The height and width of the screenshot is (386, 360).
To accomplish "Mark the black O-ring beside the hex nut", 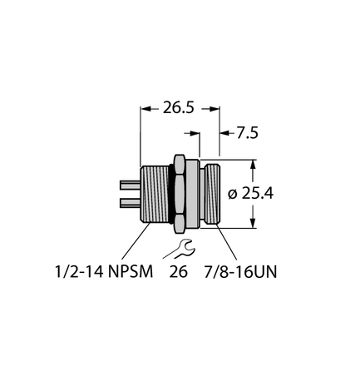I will tap(173, 193).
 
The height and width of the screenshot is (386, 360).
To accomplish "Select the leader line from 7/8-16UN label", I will tap(224, 241).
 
